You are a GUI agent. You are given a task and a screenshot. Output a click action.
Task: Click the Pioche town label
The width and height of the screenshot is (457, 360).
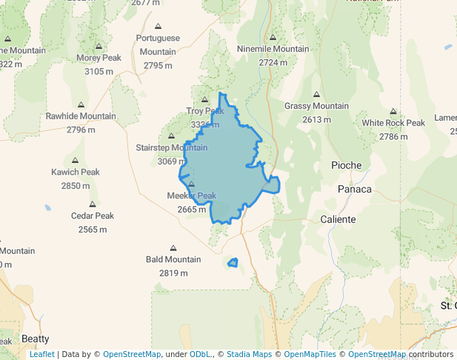click(x=347, y=164)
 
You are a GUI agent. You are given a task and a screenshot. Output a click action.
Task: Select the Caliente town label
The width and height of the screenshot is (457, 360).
click(x=338, y=219)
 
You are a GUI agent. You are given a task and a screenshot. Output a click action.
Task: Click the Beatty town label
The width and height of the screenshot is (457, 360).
click(x=35, y=339)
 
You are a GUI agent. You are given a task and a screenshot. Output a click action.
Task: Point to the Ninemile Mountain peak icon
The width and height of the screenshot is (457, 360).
click(x=273, y=37)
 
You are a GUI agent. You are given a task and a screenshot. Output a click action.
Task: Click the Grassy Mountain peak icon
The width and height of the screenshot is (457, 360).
click(x=316, y=95)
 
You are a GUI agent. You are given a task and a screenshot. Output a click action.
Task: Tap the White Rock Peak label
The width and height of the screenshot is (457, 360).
click(x=393, y=123)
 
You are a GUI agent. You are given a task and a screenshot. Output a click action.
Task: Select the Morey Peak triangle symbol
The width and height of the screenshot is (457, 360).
click(x=99, y=46)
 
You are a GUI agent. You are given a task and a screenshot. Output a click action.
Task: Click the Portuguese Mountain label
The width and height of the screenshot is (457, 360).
click(x=158, y=44)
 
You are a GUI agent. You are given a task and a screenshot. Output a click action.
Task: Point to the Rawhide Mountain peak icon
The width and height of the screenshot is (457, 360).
click(x=81, y=105)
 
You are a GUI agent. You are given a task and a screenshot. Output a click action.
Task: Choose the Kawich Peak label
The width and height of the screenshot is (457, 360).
click(x=75, y=172)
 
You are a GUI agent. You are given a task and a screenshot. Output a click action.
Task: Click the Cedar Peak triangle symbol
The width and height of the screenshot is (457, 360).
click(x=93, y=204)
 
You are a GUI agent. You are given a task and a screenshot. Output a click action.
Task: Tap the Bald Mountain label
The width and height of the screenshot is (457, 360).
click(x=173, y=259)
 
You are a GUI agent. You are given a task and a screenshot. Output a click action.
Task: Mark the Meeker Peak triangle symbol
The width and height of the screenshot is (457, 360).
click(x=191, y=184)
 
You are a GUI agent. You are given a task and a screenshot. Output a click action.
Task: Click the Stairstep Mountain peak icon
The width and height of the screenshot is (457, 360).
click(x=171, y=136)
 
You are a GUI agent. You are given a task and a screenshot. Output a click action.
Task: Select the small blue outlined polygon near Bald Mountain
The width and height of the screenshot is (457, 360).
click(x=233, y=263)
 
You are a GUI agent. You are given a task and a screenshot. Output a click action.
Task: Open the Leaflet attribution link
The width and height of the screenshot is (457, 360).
click(x=41, y=354)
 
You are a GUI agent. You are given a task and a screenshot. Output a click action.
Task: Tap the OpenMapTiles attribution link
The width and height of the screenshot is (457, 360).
click(x=311, y=354)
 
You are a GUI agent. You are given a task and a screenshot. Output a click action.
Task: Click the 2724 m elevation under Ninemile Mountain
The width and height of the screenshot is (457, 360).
click(x=273, y=63)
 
